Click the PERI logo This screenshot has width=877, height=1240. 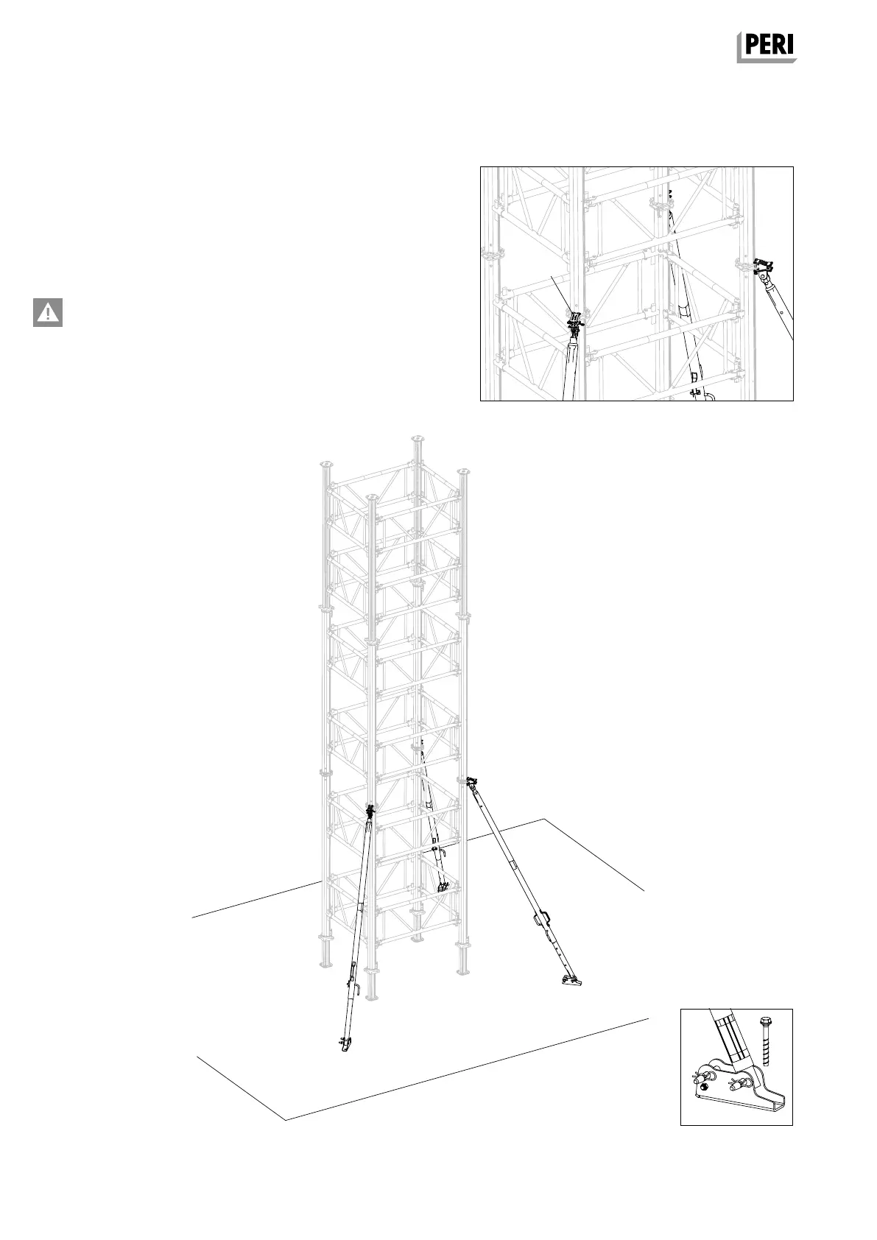pyautogui.click(x=767, y=47)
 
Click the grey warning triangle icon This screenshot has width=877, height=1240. pyautogui.click(x=48, y=312)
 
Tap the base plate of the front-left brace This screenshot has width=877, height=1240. pyautogui.click(x=345, y=1043)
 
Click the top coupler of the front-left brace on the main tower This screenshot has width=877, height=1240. pyautogui.click(x=370, y=813)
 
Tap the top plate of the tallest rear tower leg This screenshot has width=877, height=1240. pyautogui.click(x=418, y=438)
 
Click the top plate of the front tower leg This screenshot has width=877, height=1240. pyautogui.click(x=371, y=498)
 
